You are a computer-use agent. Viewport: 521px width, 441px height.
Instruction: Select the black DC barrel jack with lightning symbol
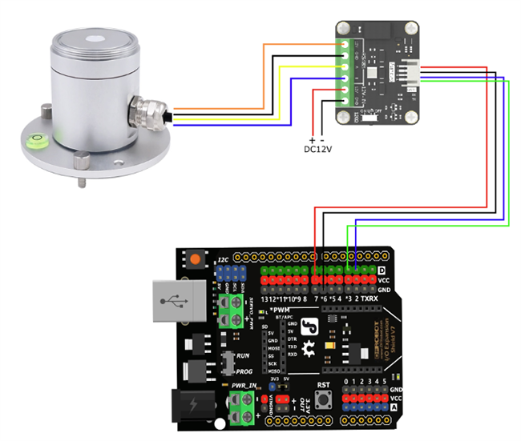pyautogui.click(x=192, y=407)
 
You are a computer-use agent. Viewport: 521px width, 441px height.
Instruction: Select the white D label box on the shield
pyautogui.click(x=382, y=270)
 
